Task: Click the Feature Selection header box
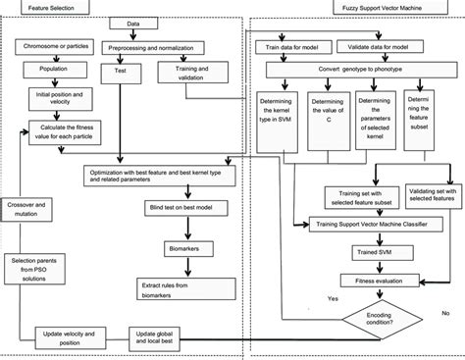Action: pos(43,5)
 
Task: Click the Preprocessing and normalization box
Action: pos(146,46)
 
